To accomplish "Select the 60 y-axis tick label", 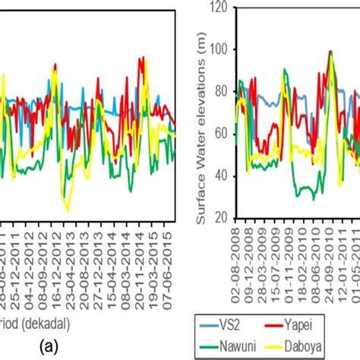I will pos(223,134).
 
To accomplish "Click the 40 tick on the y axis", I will pos(223,175).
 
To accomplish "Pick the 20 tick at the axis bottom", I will pos(223,218).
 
